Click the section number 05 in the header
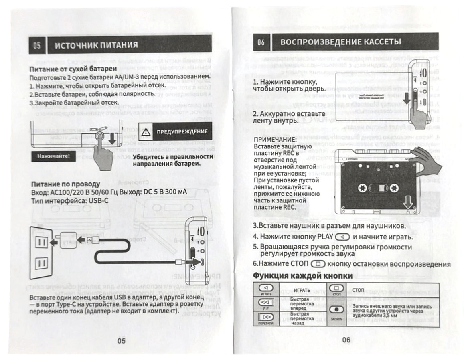pos(37,45)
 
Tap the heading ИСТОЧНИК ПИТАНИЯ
pos(96,45)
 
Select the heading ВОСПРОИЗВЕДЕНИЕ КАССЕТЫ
pos(340,42)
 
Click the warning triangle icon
pos(147,131)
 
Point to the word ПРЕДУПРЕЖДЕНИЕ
pos(182,131)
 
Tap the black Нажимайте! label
pos(51,156)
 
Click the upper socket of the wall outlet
pos(42,241)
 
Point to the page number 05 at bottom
pos(121,340)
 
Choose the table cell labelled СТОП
pos(358,289)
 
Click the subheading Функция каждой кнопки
pos(303,276)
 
